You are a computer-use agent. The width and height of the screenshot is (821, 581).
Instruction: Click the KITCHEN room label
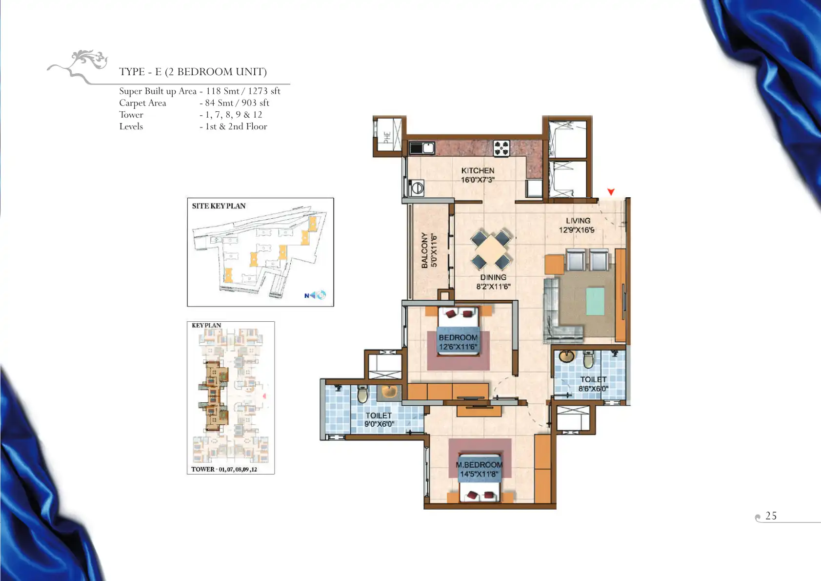478,170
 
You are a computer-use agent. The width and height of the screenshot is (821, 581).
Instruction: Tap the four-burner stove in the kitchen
501,148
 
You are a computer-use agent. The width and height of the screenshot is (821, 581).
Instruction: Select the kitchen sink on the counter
422,148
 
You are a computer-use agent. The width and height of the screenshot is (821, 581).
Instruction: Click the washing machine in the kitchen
417,188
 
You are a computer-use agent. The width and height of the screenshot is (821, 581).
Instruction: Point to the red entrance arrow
611,191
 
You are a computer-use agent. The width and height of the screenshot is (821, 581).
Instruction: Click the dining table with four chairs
491,249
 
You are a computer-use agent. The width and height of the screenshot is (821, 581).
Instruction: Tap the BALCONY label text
424,250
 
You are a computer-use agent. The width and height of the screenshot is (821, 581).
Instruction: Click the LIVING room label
578,221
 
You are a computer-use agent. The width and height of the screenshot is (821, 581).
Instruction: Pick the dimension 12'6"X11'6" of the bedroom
458,347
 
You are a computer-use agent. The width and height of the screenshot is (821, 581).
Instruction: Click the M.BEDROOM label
479,464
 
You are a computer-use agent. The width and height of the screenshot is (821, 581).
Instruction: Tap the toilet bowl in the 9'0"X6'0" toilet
362,394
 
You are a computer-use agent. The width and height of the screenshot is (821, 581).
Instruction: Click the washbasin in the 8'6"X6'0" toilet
566,356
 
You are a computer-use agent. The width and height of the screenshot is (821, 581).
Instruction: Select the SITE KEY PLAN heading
219,206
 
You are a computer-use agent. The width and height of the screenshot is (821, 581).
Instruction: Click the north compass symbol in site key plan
315,295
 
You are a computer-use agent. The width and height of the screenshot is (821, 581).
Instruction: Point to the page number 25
771,516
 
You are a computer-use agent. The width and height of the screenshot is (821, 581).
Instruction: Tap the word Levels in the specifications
131,126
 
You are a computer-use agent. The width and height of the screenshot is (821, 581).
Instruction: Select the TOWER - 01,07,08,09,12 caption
224,469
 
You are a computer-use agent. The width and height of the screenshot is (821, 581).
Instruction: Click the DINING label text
493,277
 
